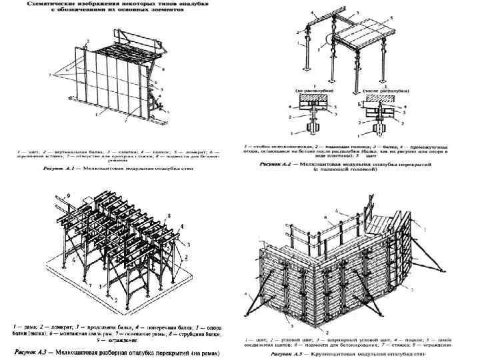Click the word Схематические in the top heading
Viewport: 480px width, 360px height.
pos(51,5)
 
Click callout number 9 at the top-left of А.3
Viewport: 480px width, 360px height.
pos(67,196)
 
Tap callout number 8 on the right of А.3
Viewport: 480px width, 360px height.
pos(171,215)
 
